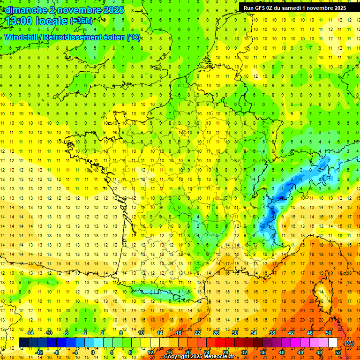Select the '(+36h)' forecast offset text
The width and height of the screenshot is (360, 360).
(x=81, y=21)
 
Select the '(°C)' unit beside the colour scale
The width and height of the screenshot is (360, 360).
(x=349, y=343)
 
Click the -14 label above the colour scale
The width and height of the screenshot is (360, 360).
(x=30, y=333)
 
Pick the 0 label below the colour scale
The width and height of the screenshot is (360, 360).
(x=92, y=352)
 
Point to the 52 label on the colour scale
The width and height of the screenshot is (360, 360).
(x=338, y=352)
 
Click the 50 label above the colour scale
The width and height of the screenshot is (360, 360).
(x=328, y=333)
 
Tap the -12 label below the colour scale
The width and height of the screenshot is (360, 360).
(x=40, y=352)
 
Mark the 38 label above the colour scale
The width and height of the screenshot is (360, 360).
(x=272, y=333)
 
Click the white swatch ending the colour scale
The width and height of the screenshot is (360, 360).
(x=333, y=343)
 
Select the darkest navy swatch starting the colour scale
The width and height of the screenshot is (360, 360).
(x=23, y=343)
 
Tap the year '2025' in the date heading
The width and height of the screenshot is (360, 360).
(x=113, y=9)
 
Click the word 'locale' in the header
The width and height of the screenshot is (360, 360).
(x=52, y=21)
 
